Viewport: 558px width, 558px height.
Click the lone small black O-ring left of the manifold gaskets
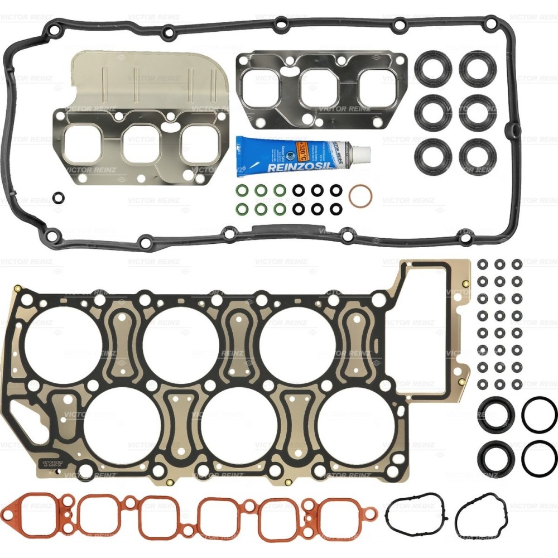(58, 197)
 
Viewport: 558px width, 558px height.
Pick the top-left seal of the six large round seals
(432, 68)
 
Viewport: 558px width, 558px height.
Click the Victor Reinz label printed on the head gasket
(54, 463)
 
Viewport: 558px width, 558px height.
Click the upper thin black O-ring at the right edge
(539, 414)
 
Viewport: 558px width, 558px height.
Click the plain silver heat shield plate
(151, 81)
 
